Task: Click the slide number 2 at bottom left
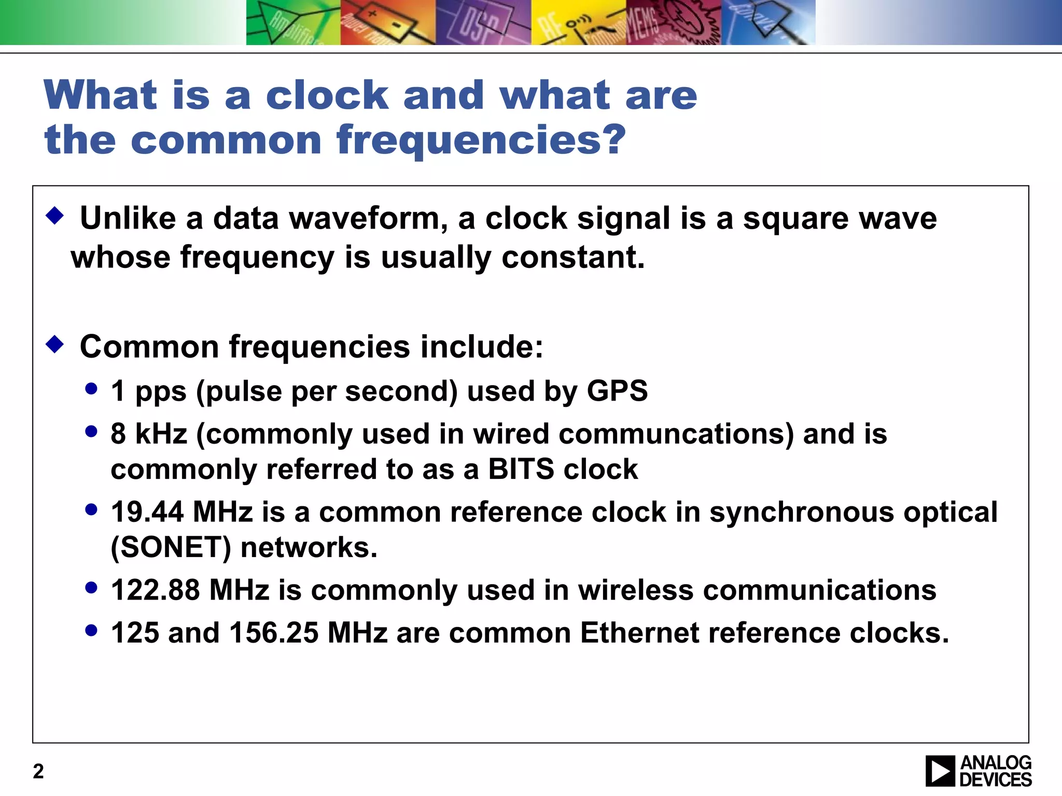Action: [38, 771]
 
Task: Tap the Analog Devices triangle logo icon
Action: [940, 771]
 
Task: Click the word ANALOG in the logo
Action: [996, 763]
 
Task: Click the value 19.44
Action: [147, 512]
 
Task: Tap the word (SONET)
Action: [171, 547]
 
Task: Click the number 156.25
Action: [273, 633]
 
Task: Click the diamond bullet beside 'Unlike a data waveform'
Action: [54, 215]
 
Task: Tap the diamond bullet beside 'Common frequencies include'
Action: [54, 344]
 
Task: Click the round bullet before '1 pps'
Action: [91, 389]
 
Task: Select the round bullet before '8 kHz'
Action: [91, 432]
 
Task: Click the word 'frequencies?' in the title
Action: [481, 140]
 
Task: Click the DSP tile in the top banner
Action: [482, 23]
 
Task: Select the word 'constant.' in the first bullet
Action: [573, 257]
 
